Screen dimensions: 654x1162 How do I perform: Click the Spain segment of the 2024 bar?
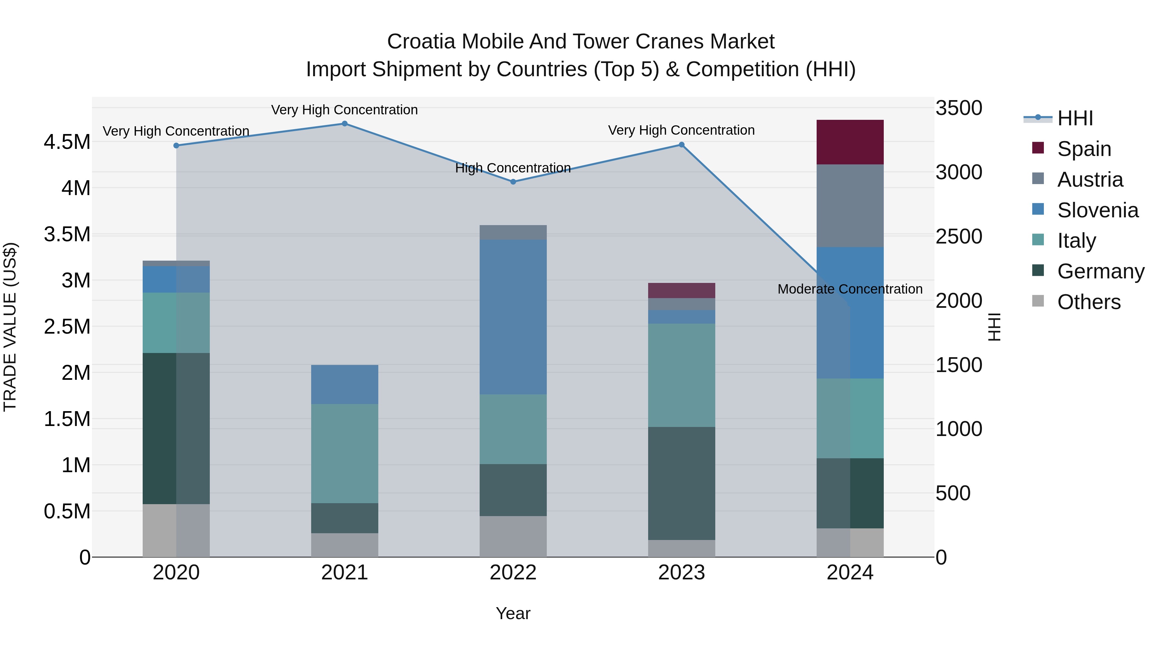pyautogui.click(x=850, y=142)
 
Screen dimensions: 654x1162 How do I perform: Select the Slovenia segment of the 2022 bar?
pyautogui.click(x=513, y=317)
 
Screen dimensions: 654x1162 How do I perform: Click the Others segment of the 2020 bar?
pyautogui.click(x=176, y=530)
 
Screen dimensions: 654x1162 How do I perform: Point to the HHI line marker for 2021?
pyautogui.click(x=345, y=124)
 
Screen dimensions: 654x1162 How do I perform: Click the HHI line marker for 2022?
pyautogui.click(x=513, y=182)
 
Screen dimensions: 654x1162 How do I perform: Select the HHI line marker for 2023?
pyautogui.click(x=682, y=145)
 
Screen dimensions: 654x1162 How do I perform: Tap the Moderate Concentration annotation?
pyautogui.click(x=850, y=289)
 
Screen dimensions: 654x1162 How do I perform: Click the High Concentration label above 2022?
pyautogui.click(x=513, y=168)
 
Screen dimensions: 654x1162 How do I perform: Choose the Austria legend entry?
pyautogui.click(x=1090, y=180)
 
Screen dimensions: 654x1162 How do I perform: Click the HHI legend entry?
pyautogui.click(x=1075, y=118)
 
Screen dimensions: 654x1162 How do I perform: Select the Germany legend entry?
pyautogui.click(x=1101, y=271)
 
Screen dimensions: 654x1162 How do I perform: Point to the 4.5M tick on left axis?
pyautogui.click(x=67, y=142)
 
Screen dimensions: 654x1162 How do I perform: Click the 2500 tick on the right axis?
pyautogui.click(x=959, y=236)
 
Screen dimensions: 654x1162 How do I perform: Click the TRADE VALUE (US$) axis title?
pyautogui.click(x=10, y=327)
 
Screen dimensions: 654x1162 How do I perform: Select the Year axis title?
pyautogui.click(x=513, y=613)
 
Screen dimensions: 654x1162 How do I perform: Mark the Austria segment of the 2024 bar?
pyautogui.click(x=850, y=206)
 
